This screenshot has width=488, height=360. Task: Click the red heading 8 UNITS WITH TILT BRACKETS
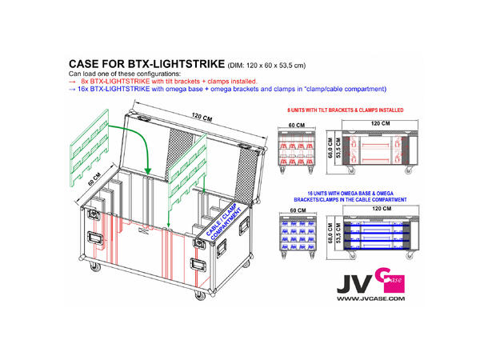click(345, 107)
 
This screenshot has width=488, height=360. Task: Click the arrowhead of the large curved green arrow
click(149, 167)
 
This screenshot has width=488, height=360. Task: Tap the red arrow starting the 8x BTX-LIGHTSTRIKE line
click(73, 82)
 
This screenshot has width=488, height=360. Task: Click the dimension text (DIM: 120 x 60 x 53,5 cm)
click(269, 65)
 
